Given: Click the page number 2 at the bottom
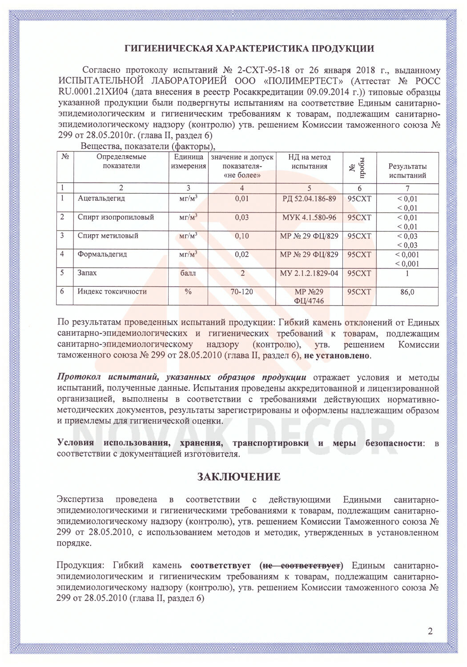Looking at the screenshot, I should coord(430,631).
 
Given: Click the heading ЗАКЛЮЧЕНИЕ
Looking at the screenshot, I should coord(239,477).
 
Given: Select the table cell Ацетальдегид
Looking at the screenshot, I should coord(101,199).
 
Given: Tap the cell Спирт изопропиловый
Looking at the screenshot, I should coord(116,217).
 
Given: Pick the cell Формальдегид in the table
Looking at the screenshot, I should coord(102,254).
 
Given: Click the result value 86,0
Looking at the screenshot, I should coord(407,292).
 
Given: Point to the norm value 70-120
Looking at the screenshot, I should coord(242,292).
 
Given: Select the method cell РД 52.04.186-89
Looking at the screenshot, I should coord(309,199).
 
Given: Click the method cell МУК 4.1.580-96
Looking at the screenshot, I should coord(309,217).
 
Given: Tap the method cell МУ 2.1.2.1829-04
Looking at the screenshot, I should coord(309,273).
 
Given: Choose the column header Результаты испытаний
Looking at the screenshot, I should coord(407,171).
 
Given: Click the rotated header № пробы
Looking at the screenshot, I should coord(359,168).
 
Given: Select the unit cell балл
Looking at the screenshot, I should coord(188,273).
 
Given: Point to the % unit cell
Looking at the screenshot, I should coord(188,292).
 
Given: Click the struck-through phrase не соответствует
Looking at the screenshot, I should coord(303,566).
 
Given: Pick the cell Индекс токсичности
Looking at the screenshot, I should coord(112,292).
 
